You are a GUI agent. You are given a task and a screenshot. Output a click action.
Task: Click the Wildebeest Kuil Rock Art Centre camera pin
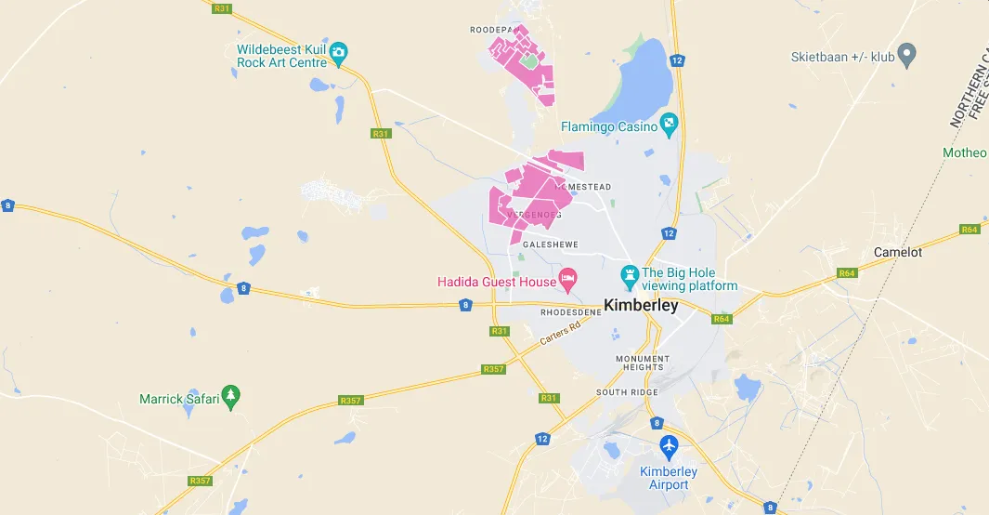[339, 52]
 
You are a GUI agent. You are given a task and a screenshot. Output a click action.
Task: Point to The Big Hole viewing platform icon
[630, 275]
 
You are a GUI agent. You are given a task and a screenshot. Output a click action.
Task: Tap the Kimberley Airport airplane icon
[669, 447]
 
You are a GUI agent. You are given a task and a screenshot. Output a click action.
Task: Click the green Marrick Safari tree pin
[231, 397]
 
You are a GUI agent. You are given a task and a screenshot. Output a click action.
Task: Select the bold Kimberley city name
[641, 305]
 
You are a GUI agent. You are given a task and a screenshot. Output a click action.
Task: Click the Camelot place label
[898, 252]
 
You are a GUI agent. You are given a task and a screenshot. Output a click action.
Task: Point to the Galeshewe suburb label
[551, 244]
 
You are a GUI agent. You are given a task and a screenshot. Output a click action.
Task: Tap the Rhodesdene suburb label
[571, 312]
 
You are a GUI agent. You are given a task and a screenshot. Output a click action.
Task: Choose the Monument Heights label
[642, 363]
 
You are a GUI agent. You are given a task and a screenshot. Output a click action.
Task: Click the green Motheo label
[966, 152]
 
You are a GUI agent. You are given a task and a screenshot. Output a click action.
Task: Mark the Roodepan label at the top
[490, 30]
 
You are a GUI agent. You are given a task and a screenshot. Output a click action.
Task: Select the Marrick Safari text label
[179, 399]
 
